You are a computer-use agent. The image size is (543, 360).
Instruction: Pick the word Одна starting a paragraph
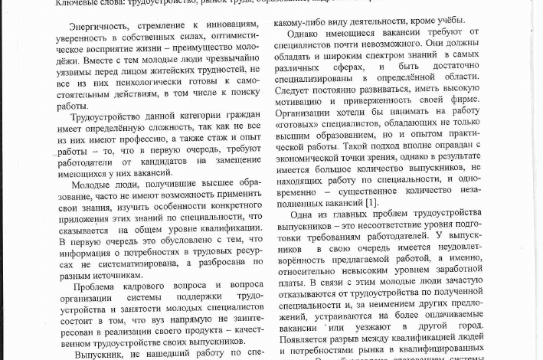[x=305, y=215]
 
